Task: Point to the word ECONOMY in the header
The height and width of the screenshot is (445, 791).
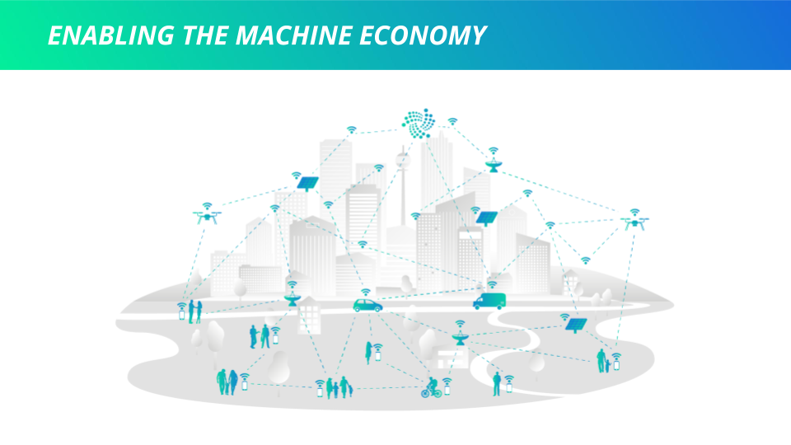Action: pos(422,35)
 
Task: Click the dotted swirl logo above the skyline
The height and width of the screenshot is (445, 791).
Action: pos(419,123)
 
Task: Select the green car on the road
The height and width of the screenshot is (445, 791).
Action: pos(367,305)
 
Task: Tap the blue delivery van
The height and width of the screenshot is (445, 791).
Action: pos(489,302)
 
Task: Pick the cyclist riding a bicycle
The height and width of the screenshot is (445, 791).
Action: pos(431,387)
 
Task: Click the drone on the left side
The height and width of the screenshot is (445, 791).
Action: pos(208,217)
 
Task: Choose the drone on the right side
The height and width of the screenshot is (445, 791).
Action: pos(634,222)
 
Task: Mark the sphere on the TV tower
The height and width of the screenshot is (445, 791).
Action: pos(403,160)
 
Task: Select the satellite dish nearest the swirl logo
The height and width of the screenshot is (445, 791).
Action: pos(494,165)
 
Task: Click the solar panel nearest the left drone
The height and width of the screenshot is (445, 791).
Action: pos(307,183)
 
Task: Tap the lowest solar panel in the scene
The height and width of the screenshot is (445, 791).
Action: pos(576,325)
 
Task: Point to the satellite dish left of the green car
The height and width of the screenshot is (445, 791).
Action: pos(293,300)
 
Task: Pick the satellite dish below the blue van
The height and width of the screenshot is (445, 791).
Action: pos(460,339)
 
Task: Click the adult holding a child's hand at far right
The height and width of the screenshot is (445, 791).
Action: pos(601,361)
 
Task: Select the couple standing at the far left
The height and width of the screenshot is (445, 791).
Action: pos(194,311)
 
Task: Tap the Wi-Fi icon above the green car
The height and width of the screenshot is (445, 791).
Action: pos(366,292)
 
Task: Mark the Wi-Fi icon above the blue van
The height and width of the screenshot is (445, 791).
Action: pos(492,284)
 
